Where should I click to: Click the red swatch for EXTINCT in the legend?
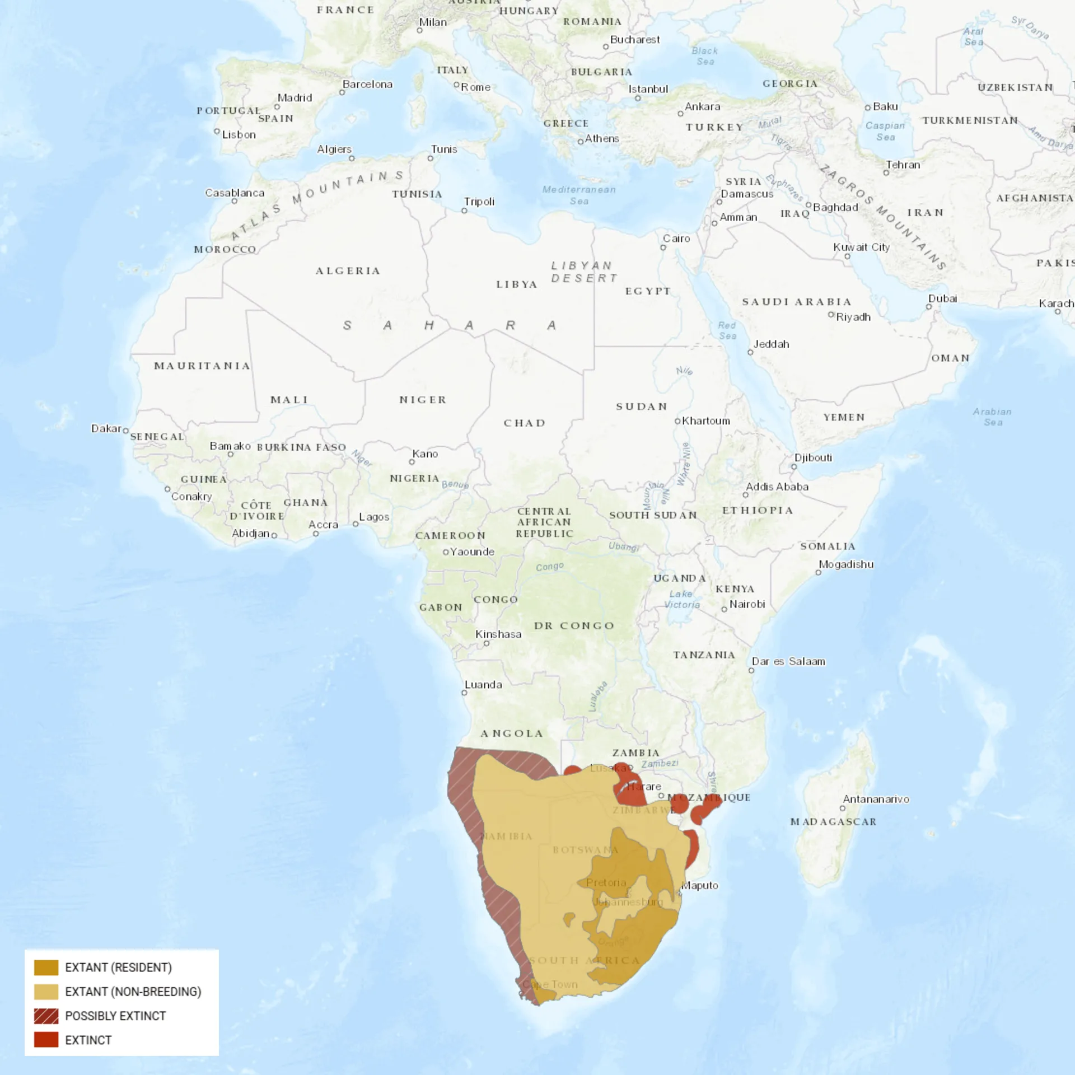click(x=46, y=1040)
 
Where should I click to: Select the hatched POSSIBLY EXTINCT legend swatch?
click(x=46, y=1016)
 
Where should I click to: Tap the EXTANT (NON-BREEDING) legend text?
click(x=133, y=992)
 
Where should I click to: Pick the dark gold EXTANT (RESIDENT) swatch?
click(x=46, y=968)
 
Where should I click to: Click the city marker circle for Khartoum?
click(x=677, y=421)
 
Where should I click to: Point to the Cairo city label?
click(x=676, y=239)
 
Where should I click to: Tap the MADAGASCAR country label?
click(x=833, y=822)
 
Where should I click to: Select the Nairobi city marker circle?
click(x=724, y=609)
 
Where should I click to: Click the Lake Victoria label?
click(x=681, y=599)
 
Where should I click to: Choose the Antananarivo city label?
click(x=876, y=799)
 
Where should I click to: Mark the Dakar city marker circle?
click(x=126, y=431)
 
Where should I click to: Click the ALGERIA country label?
click(x=348, y=271)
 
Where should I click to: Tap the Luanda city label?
click(x=483, y=684)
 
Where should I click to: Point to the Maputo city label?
click(x=699, y=885)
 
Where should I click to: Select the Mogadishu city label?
click(x=846, y=564)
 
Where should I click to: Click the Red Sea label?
click(x=727, y=330)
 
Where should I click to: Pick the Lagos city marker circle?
click(x=356, y=524)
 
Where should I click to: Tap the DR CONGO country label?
click(x=574, y=625)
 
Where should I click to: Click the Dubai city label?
click(x=943, y=298)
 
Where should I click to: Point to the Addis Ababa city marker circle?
click(x=746, y=495)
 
